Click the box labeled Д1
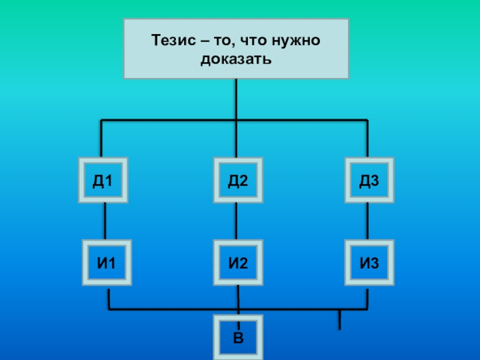coord(103,180)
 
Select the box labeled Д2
coord(238,180)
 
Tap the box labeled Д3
coord(369,180)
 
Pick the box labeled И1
coord(107,262)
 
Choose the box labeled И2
coord(238,262)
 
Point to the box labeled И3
coord(369,262)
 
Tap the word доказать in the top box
coord(236,59)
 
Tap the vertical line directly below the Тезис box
coord(236,99)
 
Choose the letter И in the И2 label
coord(233,262)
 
